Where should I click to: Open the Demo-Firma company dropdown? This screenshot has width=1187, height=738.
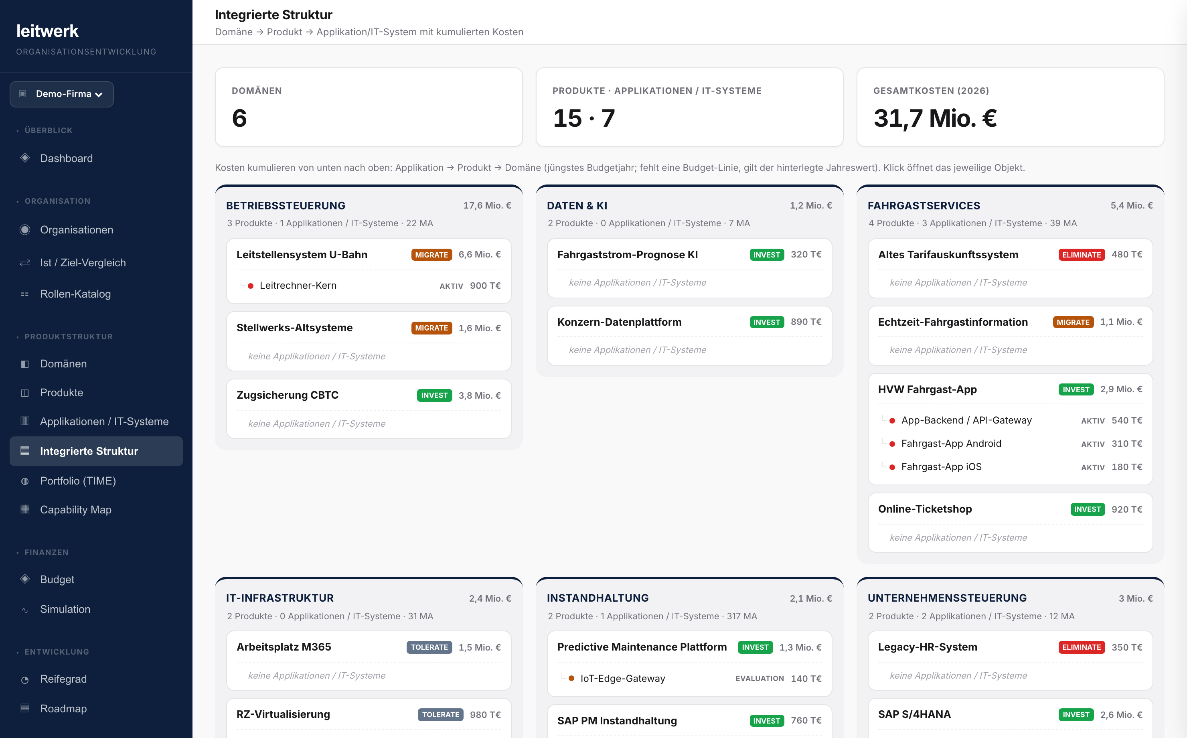pyautogui.click(x=61, y=94)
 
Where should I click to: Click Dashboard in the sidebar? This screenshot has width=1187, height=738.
pyautogui.click(x=66, y=158)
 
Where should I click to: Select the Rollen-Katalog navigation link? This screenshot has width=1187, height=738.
pyautogui.click(x=75, y=294)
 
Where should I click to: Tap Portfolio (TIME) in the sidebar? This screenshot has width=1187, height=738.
pyautogui.click(x=77, y=481)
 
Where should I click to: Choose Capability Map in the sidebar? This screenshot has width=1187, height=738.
pyautogui.click(x=76, y=509)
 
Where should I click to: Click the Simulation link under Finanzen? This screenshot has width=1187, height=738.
pyautogui.click(x=65, y=609)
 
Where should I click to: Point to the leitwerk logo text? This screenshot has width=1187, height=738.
pyautogui.click(x=47, y=31)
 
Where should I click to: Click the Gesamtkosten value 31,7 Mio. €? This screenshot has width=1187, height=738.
pyautogui.click(x=935, y=118)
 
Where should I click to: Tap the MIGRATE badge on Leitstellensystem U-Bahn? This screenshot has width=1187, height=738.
pyautogui.click(x=431, y=255)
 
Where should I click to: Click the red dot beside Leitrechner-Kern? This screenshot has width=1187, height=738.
pyautogui.click(x=250, y=286)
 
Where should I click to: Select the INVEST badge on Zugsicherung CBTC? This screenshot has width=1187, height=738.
pyautogui.click(x=434, y=395)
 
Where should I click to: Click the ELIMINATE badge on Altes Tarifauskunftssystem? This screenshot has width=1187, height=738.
pyautogui.click(x=1081, y=255)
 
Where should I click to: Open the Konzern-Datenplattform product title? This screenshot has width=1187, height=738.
pyautogui.click(x=619, y=322)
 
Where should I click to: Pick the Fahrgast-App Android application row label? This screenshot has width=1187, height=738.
pyautogui.click(x=951, y=444)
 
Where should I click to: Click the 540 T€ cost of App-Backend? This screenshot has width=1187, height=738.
pyautogui.click(x=1126, y=421)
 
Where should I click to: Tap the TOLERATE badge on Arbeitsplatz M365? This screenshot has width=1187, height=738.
pyautogui.click(x=429, y=647)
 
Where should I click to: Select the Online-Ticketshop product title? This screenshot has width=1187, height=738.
pyautogui.click(x=924, y=509)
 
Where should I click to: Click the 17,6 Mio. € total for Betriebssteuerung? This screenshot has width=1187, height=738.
pyautogui.click(x=487, y=205)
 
